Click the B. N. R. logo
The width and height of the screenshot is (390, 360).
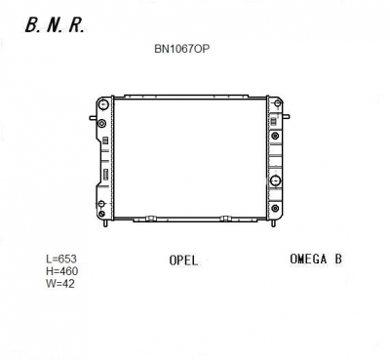[55, 25]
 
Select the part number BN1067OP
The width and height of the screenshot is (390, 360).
[182, 49]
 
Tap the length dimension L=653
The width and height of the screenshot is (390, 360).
[61, 259]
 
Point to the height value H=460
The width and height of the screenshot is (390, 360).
[61, 271]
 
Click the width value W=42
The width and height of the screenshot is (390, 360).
[60, 283]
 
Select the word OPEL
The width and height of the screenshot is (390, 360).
[183, 260]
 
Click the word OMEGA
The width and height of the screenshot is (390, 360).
[308, 260]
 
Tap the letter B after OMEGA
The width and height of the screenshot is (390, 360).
[338, 260]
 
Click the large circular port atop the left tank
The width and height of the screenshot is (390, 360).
[103, 104]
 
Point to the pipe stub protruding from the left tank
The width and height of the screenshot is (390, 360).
[93, 118]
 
